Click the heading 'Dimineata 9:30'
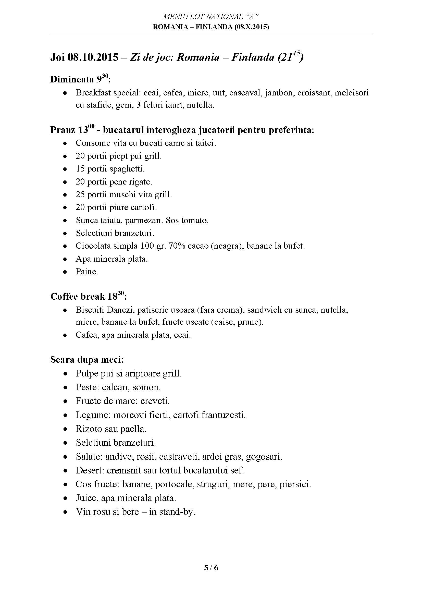(80, 79)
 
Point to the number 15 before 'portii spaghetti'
(80, 169)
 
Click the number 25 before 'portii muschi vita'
(80, 194)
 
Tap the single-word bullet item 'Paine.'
(87, 272)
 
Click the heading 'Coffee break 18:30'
(88, 296)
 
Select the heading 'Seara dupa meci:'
(87, 360)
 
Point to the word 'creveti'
(155, 401)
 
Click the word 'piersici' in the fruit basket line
(295, 484)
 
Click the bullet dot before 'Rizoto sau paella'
(66, 429)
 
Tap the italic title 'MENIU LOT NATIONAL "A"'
(211, 17)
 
